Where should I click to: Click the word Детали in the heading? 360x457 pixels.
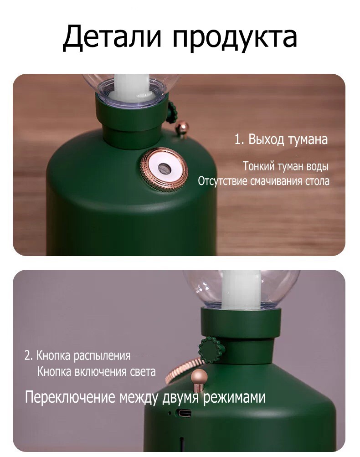tap(112, 37)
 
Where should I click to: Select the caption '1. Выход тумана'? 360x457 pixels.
tap(281, 139)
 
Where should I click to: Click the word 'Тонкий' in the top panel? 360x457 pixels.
tap(259, 166)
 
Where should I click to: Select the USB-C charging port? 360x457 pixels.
tap(183, 413)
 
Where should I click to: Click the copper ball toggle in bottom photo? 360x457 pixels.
tap(199, 379)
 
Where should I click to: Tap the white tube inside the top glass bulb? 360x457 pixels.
tap(133, 87)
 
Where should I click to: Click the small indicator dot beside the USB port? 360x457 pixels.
tap(170, 413)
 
